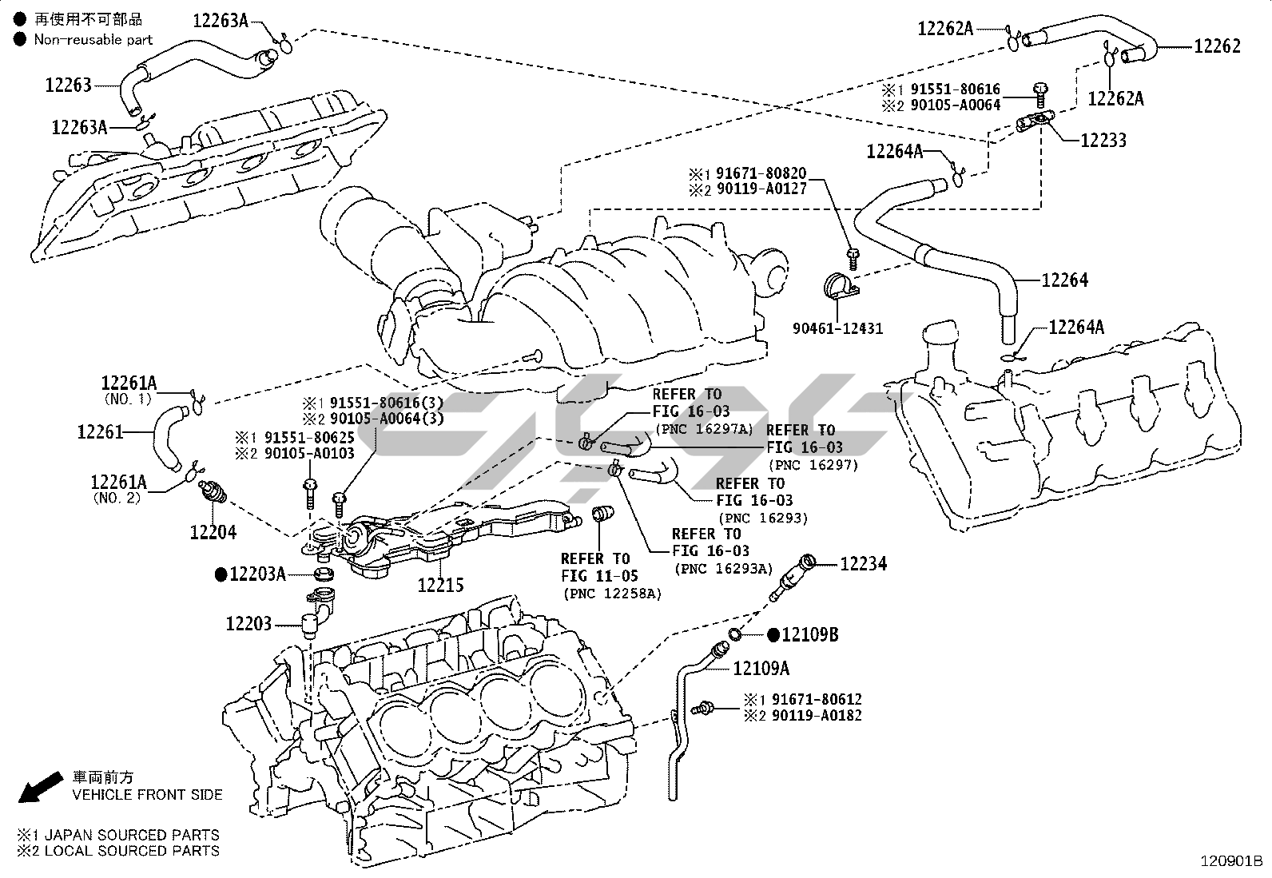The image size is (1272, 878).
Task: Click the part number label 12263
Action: point(68,85)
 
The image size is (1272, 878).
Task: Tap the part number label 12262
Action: point(1217,46)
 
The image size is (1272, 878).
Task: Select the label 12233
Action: point(1103,141)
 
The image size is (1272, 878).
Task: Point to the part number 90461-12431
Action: point(837,328)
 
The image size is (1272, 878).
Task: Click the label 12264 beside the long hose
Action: point(1065,280)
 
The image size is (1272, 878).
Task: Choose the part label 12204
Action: point(213,532)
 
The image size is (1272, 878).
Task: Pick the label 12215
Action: point(441,585)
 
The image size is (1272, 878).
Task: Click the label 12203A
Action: point(257,574)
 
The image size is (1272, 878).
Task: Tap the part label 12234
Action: point(863,563)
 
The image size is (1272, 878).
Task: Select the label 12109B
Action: point(809,634)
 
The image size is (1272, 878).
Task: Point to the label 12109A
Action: point(761,669)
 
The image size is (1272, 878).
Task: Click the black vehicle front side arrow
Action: point(40,787)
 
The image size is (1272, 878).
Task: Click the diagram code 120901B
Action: point(1231,861)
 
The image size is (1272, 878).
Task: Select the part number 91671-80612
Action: point(817,699)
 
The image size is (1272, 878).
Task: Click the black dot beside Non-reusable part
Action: point(20,39)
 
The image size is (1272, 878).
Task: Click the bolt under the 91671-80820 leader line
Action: point(853,259)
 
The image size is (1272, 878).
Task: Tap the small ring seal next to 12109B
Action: point(734,634)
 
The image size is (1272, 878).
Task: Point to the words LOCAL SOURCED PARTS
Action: point(132,851)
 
